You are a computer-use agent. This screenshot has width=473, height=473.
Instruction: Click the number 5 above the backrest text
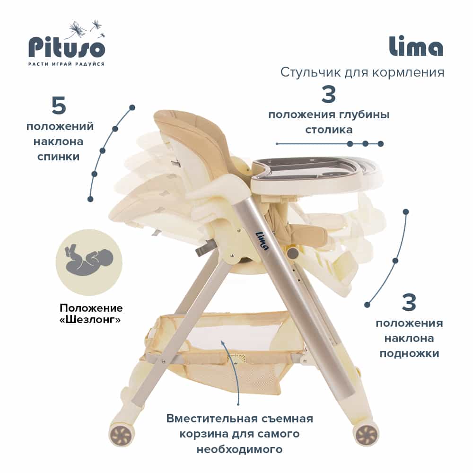pos(59,106)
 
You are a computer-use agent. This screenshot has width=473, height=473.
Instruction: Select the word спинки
pos(59,156)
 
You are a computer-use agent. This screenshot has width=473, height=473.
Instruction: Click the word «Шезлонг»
pos(89,320)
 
